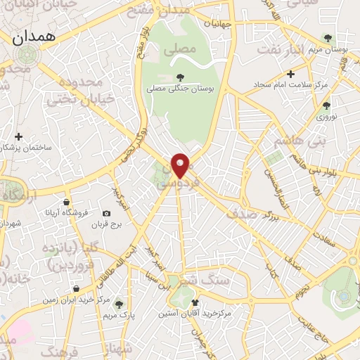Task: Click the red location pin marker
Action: (181, 165)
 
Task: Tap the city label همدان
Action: (33, 39)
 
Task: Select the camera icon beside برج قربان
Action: (106, 213)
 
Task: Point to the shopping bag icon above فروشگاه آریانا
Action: (66, 202)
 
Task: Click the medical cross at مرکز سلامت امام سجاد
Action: (290, 73)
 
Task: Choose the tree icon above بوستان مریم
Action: (326, 38)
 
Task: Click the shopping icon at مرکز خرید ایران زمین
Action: (75, 288)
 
